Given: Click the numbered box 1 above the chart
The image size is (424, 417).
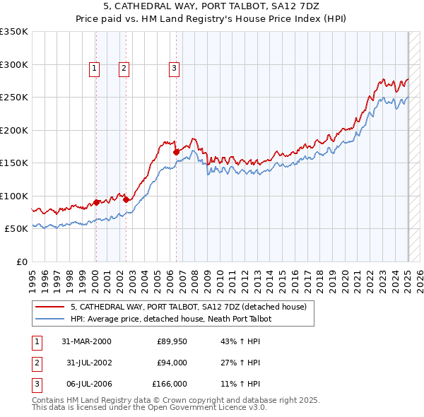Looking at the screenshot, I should click(x=95, y=69).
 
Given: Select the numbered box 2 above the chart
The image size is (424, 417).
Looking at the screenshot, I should click(x=124, y=69).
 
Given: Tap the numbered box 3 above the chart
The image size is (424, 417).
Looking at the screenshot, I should click(x=174, y=69).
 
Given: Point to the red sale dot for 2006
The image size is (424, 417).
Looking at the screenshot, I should click(x=176, y=151).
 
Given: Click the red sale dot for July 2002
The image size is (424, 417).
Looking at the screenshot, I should click(x=126, y=199).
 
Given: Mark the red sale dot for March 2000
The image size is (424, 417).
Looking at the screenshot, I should click(x=96, y=202).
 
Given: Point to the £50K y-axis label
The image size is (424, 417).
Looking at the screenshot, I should click(x=16, y=229).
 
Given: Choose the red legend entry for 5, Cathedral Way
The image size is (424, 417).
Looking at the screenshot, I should click(x=188, y=307).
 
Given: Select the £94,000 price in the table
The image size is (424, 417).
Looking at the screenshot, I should click(x=172, y=363).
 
